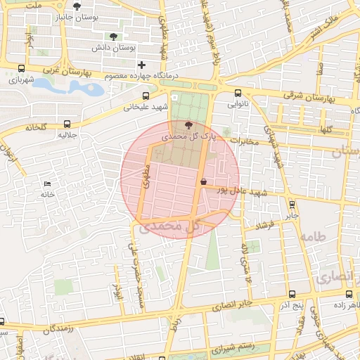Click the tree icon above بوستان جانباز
[x=77, y=6]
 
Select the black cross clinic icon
[x=141, y=65]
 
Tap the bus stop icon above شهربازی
[x=22, y=69]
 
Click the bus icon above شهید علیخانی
[x=146, y=96]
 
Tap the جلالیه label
[x=67, y=134]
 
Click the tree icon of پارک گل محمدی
[x=187, y=125]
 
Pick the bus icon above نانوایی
[x=237, y=93]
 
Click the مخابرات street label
[x=245, y=142]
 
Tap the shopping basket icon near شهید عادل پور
[x=203, y=181]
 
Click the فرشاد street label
[x=264, y=226]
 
